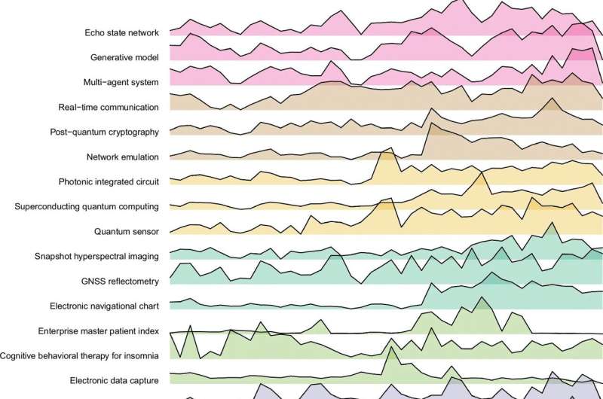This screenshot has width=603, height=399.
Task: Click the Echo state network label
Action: pyautogui.click(x=121, y=32)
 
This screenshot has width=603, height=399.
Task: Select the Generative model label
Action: pyautogui.click(x=124, y=58)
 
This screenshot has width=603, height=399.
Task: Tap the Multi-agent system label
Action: pyautogui.click(x=121, y=82)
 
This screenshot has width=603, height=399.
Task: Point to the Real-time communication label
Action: pyautogui.click(x=109, y=107)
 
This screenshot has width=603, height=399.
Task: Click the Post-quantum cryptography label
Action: pyautogui.click(x=104, y=132)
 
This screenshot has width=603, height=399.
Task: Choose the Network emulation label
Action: pyautogui.click(x=123, y=157)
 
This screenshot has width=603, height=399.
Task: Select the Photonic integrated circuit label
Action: pyautogui.click(x=109, y=181)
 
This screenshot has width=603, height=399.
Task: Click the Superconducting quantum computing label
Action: pyautogui.click(x=87, y=206)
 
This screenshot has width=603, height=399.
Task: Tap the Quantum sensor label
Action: pyautogui.click(x=127, y=232)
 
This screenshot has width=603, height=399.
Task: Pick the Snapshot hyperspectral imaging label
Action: pyautogui.click(x=96, y=257)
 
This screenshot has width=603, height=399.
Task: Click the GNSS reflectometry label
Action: pyautogui.click(x=120, y=282)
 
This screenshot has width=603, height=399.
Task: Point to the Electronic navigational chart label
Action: pyautogui.click(x=104, y=306)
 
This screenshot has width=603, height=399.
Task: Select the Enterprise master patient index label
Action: pyautogui.click(x=99, y=331)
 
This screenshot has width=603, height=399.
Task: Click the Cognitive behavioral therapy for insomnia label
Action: pyautogui.click(x=79, y=356)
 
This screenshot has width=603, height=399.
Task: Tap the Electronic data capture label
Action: pyautogui.click(x=115, y=381)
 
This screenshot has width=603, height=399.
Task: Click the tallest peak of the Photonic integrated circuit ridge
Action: pyautogui.click(x=391, y=148)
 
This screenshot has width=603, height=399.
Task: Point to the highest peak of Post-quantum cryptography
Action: pyautogui.click(x=552, y=98)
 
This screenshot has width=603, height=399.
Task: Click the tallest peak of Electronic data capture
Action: pyautogui.click(x=391, y=347)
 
